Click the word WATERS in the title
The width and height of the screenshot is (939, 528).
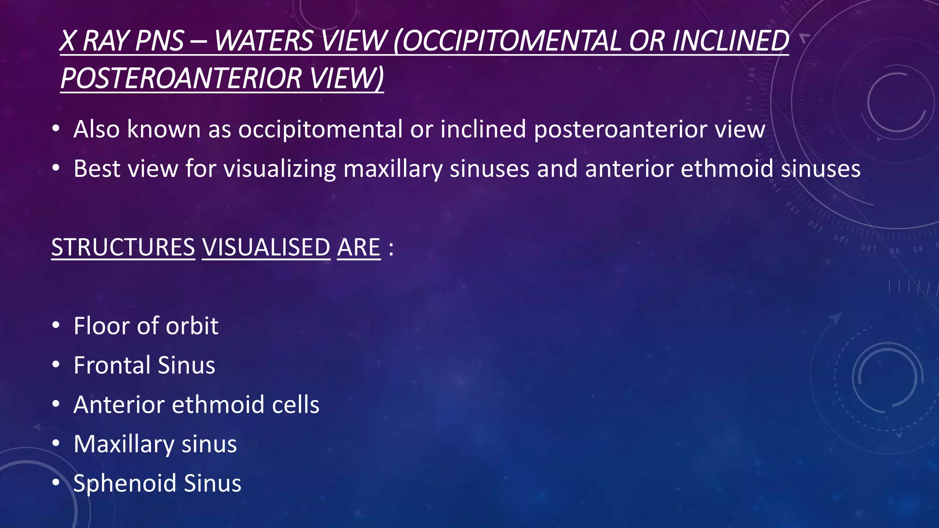pos(266,41)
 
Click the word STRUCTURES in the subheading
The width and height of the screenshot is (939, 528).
pos(123,247)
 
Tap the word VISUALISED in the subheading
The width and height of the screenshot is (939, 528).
pos(266,247)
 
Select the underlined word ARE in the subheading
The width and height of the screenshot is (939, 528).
pos(359,247)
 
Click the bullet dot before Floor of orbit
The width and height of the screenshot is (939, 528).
pos(56,325)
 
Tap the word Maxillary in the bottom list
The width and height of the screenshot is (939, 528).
pos(123,444)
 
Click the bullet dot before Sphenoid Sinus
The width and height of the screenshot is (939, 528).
pos(56,483)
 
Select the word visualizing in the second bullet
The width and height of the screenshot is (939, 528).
pos(280,169)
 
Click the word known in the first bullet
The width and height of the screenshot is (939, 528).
pos(164,129)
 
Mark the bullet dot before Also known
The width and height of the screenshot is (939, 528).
pos(56,129)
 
